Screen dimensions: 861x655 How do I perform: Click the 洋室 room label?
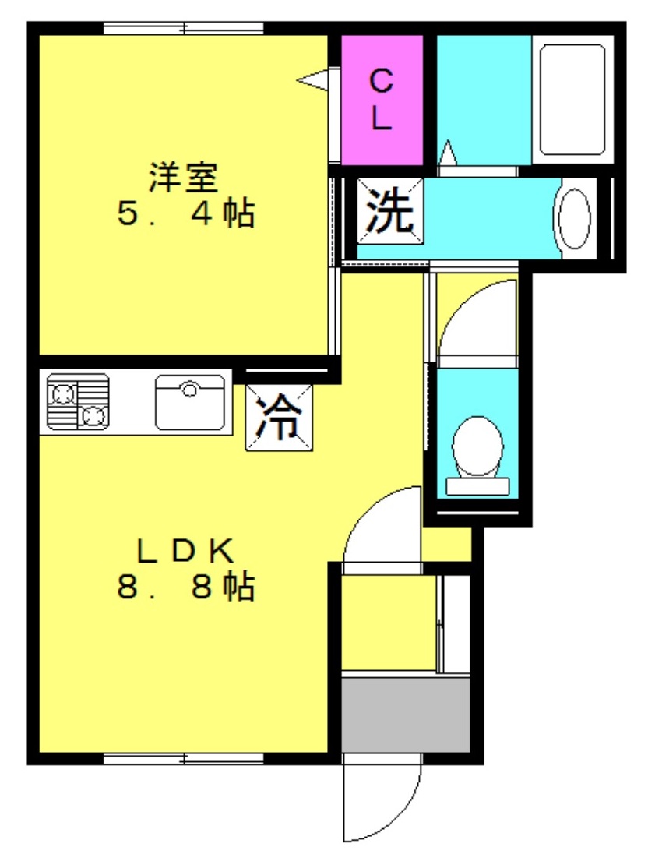(x=185, y=177)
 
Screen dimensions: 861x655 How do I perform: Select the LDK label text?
(x=185, y=552)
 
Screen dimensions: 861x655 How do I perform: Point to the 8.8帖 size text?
(x=185, y=587)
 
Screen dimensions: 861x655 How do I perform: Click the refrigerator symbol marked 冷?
(x=279, y=418)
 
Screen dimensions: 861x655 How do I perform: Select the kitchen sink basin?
(x=190, y=402)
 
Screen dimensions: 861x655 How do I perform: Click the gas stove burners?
(x=77, y=401)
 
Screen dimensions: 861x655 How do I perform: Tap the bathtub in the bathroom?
(x=572, y=99)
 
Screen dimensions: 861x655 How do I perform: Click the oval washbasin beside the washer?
(x=572, y=219)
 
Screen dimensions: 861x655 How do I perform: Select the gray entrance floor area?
(x=406, y=715)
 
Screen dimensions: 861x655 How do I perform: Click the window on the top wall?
(x=184, y=29)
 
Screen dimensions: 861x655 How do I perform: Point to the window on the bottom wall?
(x=184, y=758)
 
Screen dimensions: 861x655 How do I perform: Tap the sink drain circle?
(x=190, y=390)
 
